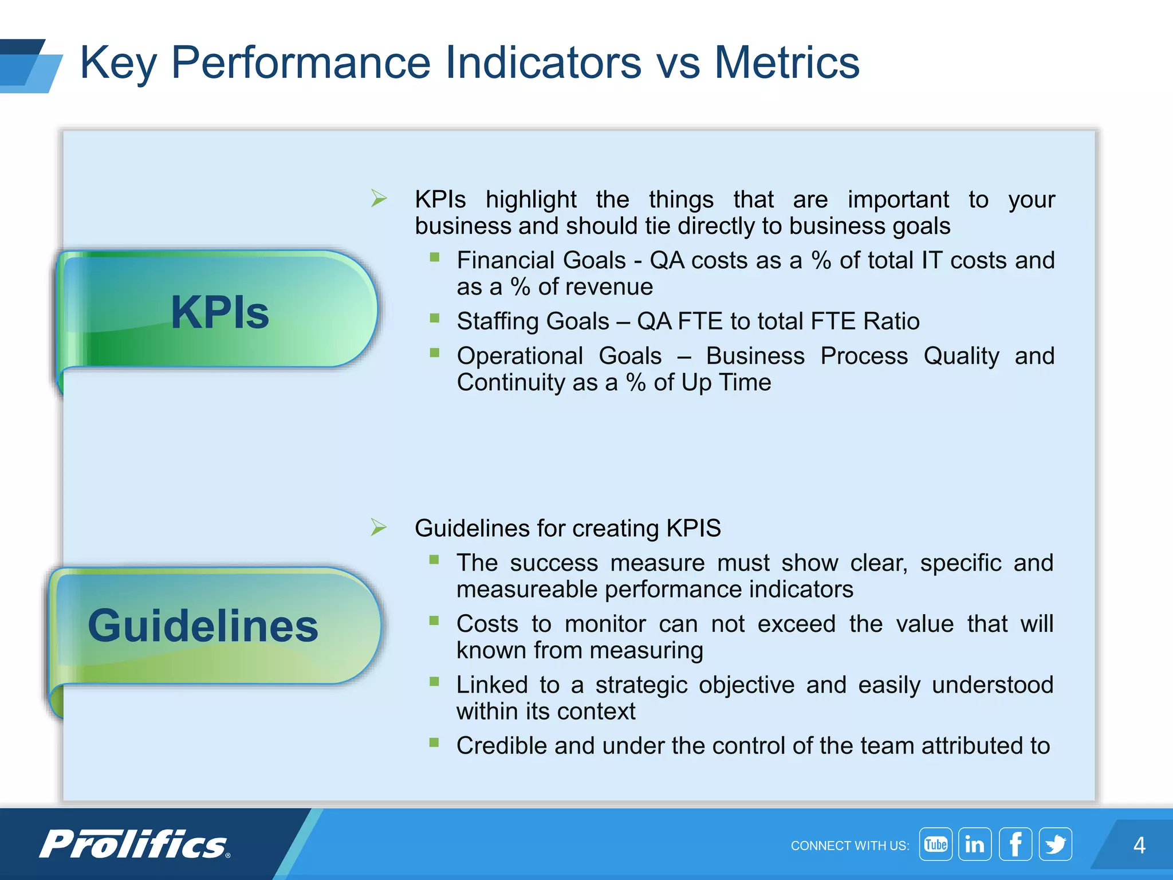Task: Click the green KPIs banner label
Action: tap(219, 312)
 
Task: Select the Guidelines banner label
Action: tap(203, 626)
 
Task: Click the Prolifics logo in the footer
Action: tap(135, 844)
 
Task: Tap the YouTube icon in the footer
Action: tap(935, 844)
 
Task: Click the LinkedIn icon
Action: tap(975, 844)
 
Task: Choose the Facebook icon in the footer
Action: tap(1015, 844)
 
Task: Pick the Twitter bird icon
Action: tap(1055, 844)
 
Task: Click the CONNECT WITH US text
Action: tap(849, 846)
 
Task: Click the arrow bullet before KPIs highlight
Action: tap(379, 198)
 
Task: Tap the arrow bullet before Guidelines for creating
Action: tap(379, 527)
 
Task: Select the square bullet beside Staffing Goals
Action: tap(435, 318)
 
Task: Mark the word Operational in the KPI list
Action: tap(519, 356)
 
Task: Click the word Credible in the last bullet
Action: tap(501, 746)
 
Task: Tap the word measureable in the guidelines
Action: tap(526, 590)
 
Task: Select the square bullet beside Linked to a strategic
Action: tap(434, 681)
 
